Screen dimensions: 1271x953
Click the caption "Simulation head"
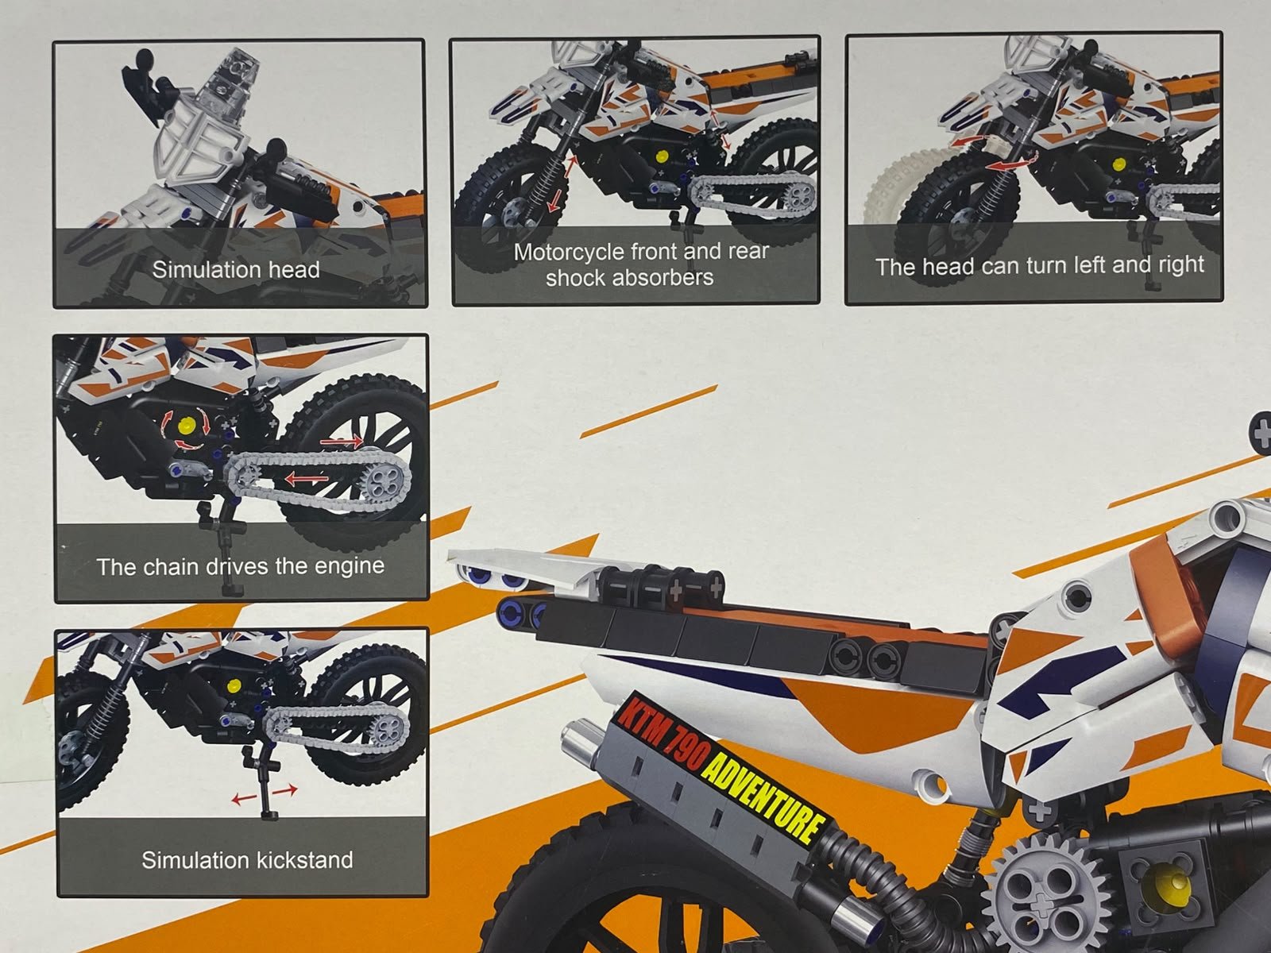coord(236,270)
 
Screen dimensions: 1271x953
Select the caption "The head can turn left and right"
coord(1039,265)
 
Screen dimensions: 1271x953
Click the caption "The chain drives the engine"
coord(241,566)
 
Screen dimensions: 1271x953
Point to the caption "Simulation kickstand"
coord(247,860)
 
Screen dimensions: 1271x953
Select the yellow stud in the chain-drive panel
coord(186,426)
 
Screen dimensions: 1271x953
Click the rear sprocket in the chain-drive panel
coord(384,478)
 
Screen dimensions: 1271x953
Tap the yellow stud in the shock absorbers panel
coord(663,156)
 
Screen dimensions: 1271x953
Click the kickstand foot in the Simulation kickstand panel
coord(270,816)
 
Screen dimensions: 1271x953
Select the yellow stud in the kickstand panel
coord(234,686)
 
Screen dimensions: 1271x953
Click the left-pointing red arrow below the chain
coord(307,478)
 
